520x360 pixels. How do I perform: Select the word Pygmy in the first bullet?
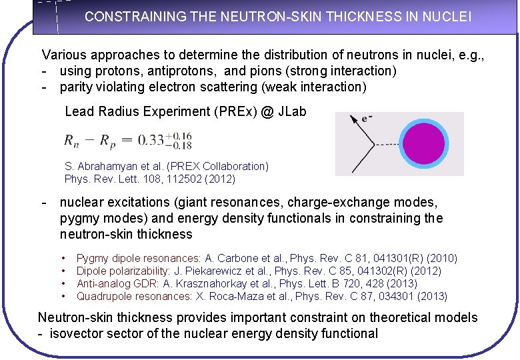[x=91, y=258]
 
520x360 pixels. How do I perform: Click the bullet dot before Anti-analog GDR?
[x=63, y=284]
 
